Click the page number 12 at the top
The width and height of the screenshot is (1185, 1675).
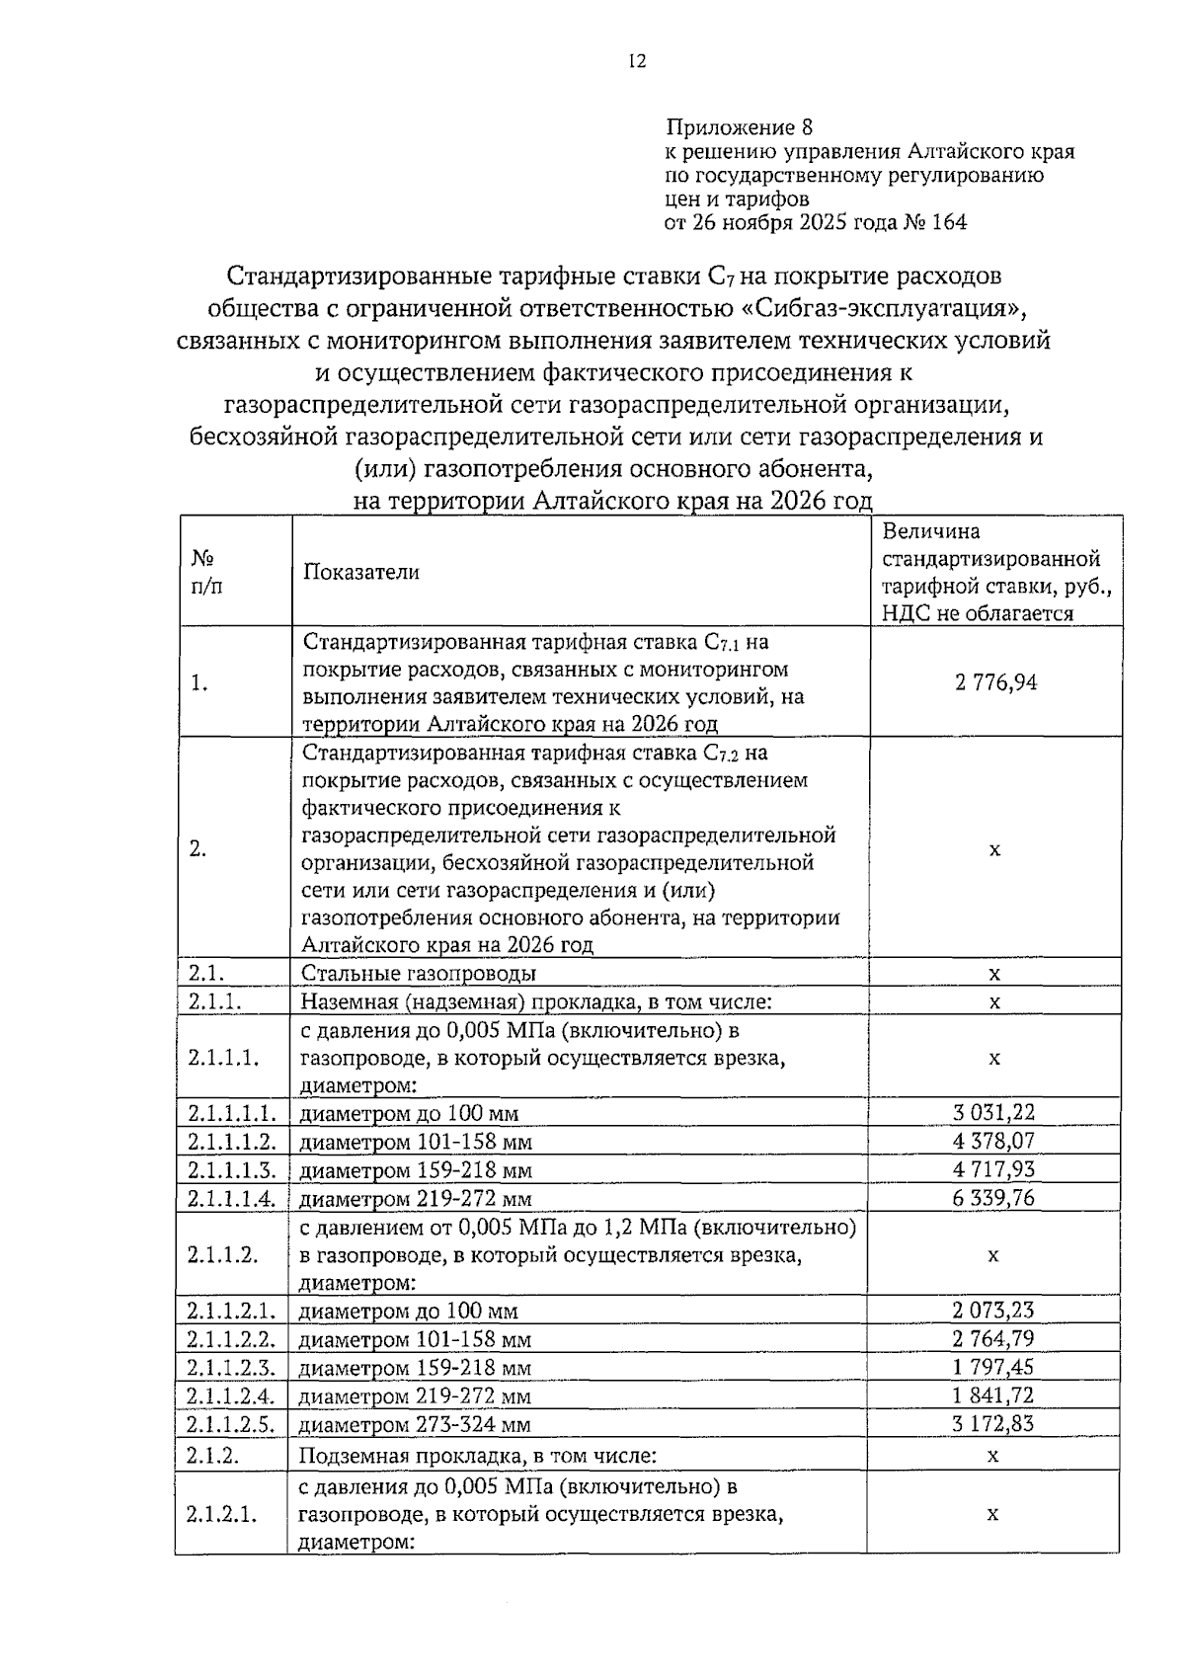[x=637, y=61]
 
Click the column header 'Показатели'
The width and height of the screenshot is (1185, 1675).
[x=360, y=573]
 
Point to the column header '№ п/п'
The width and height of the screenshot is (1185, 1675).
[x=207, y=571]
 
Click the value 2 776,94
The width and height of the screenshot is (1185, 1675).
[x=994, y=681]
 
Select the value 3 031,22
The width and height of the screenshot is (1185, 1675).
[x=993, y=1113]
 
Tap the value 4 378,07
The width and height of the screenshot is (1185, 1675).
[x=993, y=1142]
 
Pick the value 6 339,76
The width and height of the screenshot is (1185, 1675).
[x=993, y=1199]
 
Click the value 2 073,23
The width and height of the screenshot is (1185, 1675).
[x=993, y=1311]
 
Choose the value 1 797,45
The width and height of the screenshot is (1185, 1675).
[x=993, y=1368]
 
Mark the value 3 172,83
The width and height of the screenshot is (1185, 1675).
[x=993, y=1424]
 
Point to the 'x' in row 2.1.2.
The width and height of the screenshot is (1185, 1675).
[x=993, y=1456]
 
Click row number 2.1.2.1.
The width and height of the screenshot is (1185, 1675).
[x=222, y=1514]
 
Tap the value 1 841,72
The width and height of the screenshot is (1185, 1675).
[x=993, y=1396]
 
